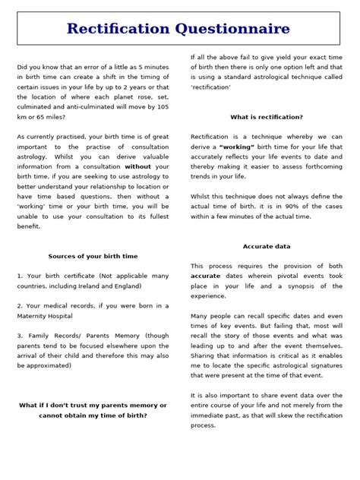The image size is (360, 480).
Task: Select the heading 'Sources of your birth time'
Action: click(x=93, y=257)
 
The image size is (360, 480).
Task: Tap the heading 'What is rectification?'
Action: click(x=266, y=117)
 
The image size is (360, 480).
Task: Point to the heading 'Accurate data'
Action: click(x=267, y=247)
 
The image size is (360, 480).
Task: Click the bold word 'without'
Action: click(x=137, y=166)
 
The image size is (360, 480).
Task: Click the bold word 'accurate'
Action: click(x=205, y=276)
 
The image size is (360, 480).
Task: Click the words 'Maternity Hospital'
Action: click(x=46, y=315)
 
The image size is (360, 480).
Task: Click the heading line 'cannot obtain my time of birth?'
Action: click(x=93, y=415)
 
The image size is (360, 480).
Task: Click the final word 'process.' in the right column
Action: click(x=204, y=425)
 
